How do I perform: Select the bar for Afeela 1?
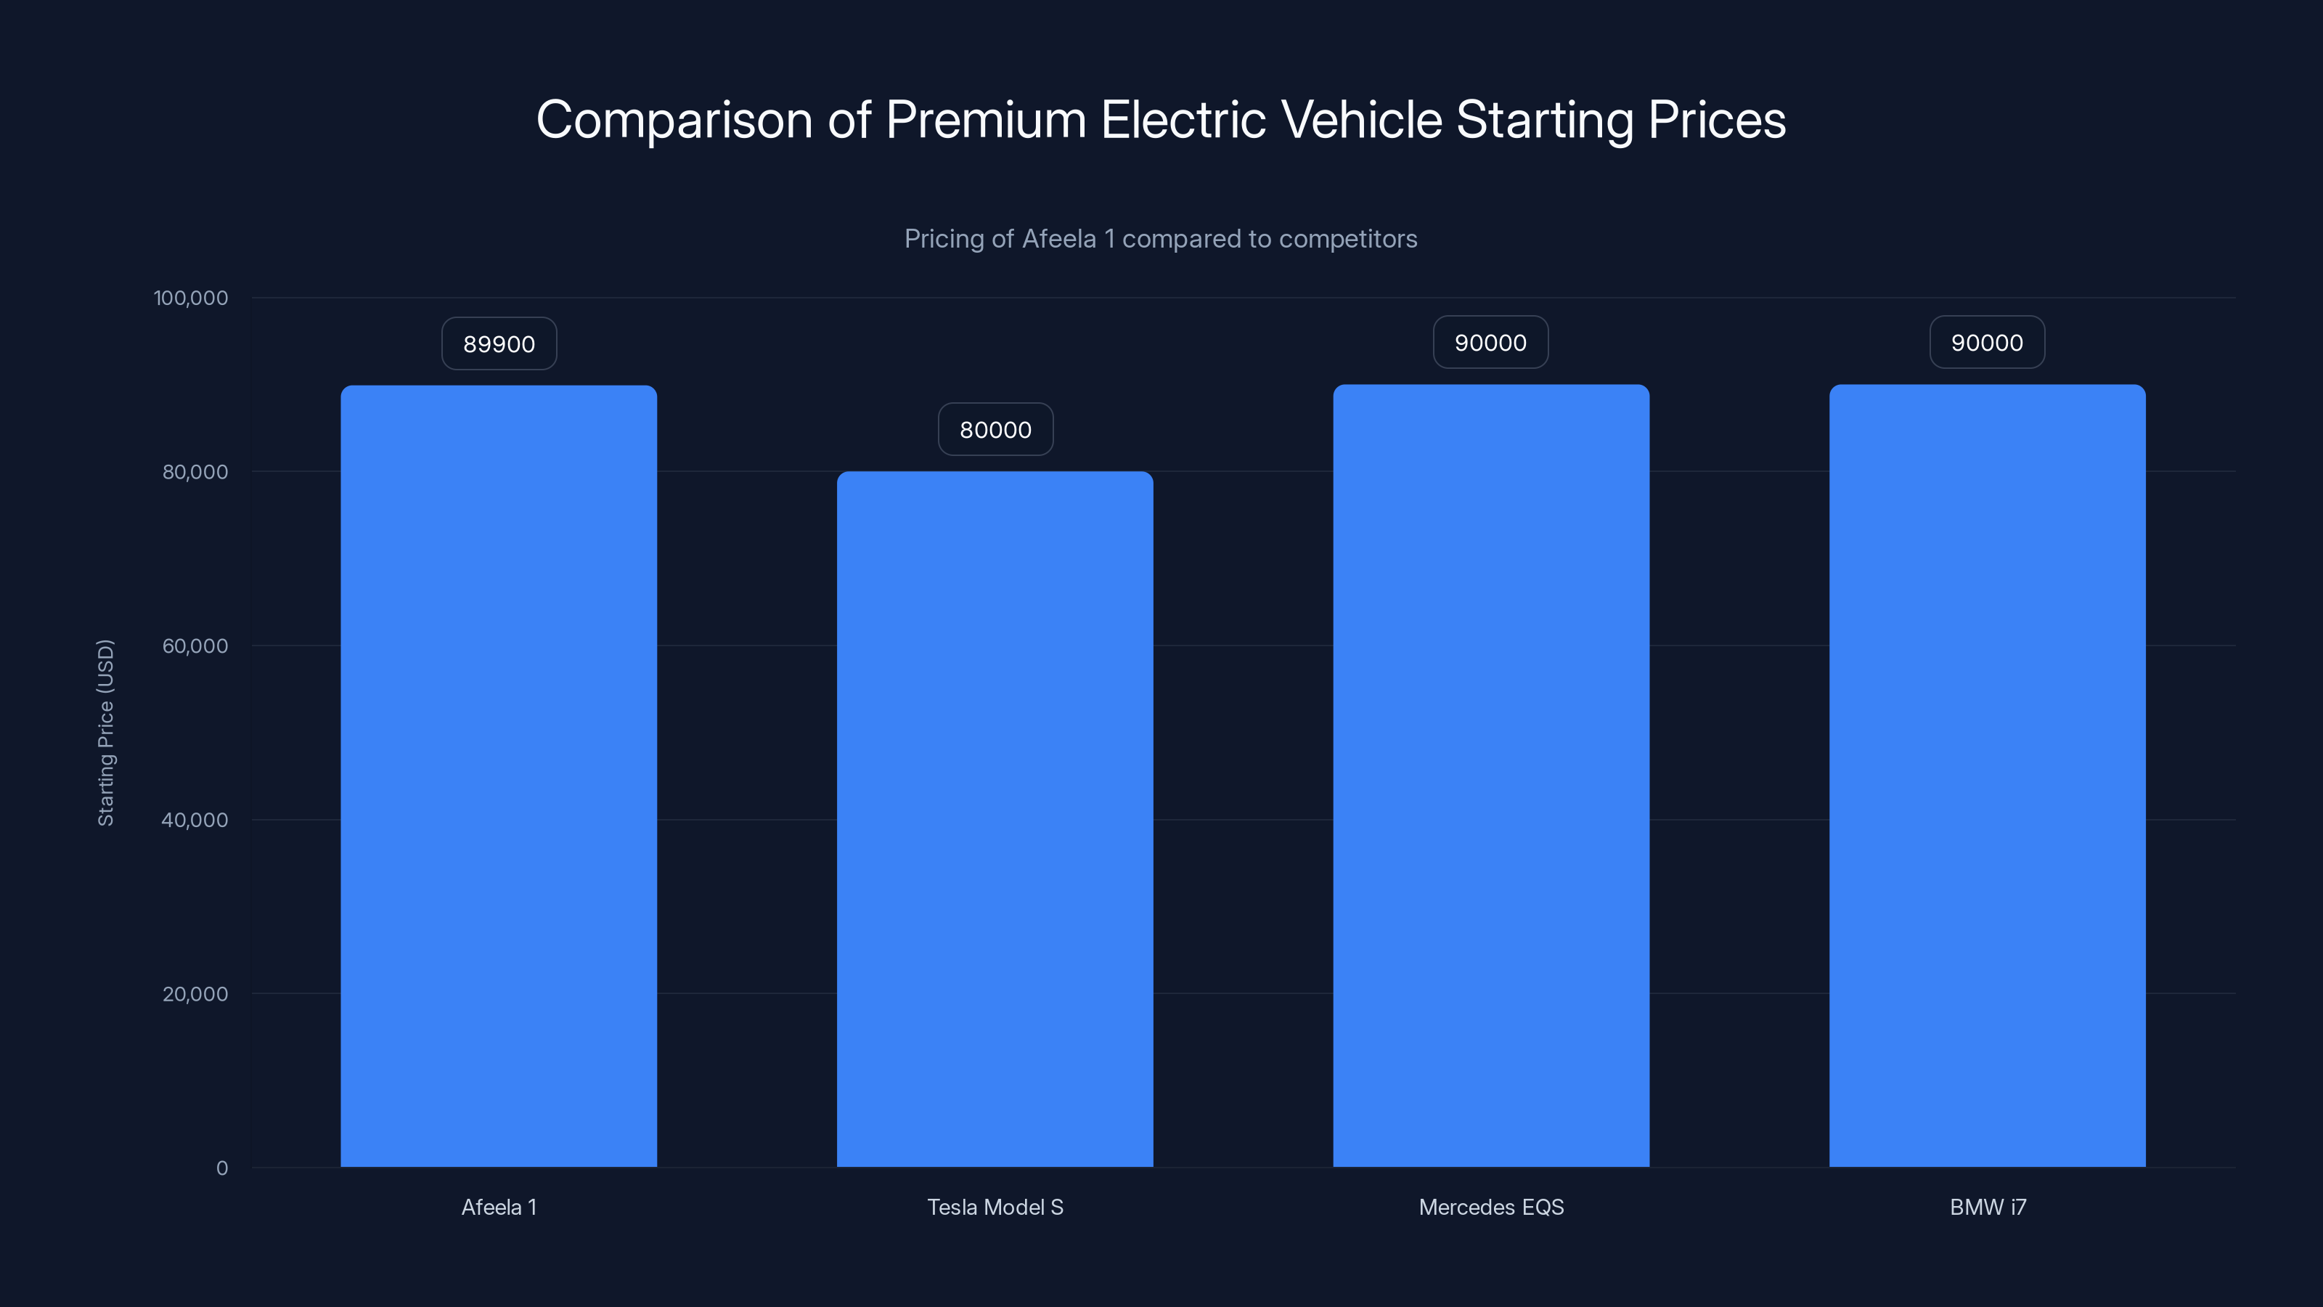tap(499, 775)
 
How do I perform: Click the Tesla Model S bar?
tap(995, 819)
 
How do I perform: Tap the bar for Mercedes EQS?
tap(1490, 775)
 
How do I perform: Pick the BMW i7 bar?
tap(1987, 775)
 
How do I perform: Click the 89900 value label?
tap(499, 343)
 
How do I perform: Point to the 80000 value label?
tap(995, 429)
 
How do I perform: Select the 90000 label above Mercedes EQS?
tap(1490, 343)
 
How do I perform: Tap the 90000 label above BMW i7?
tap(1987, 343)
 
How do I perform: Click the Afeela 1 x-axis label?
tap(499, 1207)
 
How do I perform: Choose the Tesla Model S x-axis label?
tap(995, 1207)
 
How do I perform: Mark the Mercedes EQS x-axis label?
tap(1490, 1207)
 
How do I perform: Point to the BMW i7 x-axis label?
tap(1988, 1207)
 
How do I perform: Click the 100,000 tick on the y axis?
tap(190, 298)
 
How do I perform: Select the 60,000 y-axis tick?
tap(195, 646)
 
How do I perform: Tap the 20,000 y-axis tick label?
tap(195, 994)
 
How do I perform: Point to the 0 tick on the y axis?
tap(222, 1168)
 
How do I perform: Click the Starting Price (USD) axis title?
tap(105, 733)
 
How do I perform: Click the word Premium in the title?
tap(986, 119)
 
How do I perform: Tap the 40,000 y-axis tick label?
tap(195, 820)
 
